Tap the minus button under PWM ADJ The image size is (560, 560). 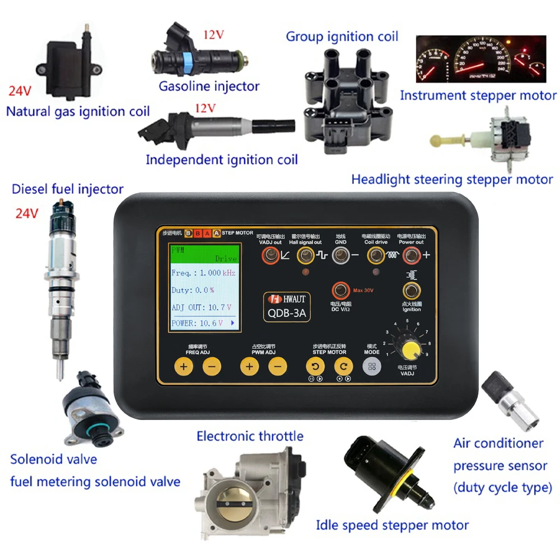click(x=277, y=367)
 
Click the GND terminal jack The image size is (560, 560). click(x=340, y=256)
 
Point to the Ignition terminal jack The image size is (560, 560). click(x=412, y=290)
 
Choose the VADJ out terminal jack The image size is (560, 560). click(x=271, y=256)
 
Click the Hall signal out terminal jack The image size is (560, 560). click(x=305, y=256)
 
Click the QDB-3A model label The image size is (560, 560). click(x=286, y=314)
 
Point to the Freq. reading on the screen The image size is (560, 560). click(x=203, y=273)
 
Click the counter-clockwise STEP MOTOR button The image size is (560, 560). click(x=315, y=367)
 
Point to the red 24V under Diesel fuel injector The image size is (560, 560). click(x=26, y=213)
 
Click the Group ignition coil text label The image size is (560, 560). click(x=342, y=37)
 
